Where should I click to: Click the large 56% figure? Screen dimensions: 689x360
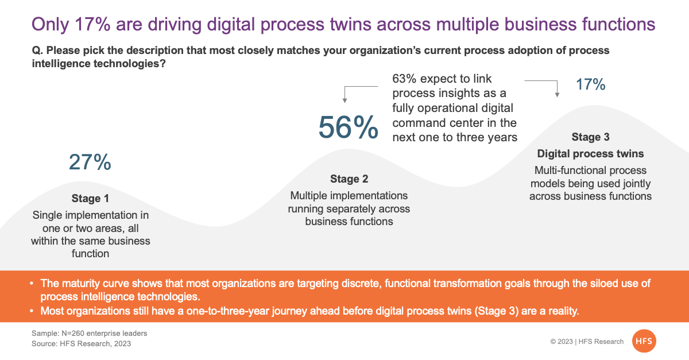point(348,127)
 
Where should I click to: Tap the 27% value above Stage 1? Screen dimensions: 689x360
point(90,162)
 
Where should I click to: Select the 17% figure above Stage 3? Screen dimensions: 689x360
point(591,84)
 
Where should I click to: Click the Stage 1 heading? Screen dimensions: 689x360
point(90,199)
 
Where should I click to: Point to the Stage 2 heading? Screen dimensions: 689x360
point(349,179)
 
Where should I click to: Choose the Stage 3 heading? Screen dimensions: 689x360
point(591,137)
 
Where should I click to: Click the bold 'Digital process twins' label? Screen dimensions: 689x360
point(591,153)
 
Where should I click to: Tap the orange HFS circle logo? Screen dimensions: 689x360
point(644,341)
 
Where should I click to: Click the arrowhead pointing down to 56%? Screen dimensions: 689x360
point(345,100)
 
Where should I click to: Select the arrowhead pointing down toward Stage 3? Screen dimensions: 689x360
point(557,95)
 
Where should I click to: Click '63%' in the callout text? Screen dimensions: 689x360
point(404,79)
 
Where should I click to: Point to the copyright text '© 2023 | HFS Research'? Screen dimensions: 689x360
point(587,342)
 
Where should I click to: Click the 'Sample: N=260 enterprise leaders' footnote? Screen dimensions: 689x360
point(89,333)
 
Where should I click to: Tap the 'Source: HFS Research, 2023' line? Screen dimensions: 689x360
point(81,343)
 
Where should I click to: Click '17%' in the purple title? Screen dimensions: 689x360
point(92,24)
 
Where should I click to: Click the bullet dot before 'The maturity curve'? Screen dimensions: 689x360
point(32,283)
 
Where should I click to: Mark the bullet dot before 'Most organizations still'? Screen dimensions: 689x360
point(32,311)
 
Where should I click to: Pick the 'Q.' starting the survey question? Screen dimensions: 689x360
point(37,51)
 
